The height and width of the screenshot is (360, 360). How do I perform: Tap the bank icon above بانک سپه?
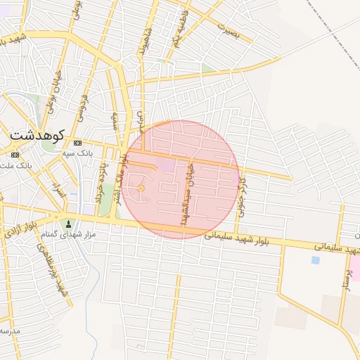point(77,143)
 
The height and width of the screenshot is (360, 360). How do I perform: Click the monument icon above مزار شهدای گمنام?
point(68,224)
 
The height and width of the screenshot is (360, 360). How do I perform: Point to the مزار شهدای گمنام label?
point(68,234)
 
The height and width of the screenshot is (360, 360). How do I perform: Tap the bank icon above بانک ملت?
point(15,154)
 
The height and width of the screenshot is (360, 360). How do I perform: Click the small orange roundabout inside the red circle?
point(141,188)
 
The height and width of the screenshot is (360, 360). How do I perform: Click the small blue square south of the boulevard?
point(315,260)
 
